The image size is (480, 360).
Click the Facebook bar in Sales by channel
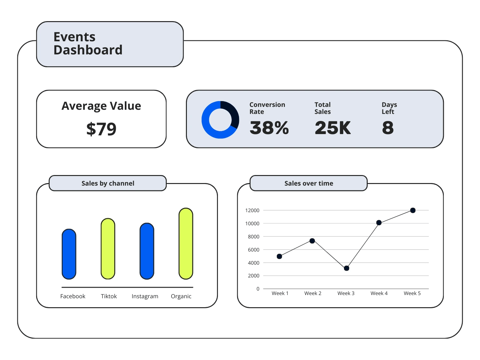[x=69, y=254]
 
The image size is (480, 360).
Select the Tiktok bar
[x=108, y=249]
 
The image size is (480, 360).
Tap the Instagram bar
[x=147, y=251]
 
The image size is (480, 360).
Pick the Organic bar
[x=186, y=244]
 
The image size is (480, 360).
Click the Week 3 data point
[x=347, y=268]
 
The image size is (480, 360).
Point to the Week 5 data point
[x=413, y=210]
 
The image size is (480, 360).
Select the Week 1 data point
[x=279, y=256]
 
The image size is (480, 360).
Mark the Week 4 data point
[x=379, y=223]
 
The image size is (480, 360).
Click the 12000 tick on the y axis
[x=252, y=210]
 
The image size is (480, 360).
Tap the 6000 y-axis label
[x=253, y=250]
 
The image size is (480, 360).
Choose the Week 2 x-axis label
[x=313, y=293]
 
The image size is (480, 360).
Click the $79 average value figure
[x=101, y=129]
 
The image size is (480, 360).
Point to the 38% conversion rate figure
[x=269, y=128]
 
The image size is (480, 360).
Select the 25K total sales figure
[x=332, y=128]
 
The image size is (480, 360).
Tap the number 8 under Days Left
[x=388, y=128]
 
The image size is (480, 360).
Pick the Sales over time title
[x=308, y=183]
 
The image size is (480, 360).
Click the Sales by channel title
[x=108, y=183]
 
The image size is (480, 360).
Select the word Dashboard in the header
[x=88, y=50]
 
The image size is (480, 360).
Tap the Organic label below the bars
[x=181, y=296]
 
